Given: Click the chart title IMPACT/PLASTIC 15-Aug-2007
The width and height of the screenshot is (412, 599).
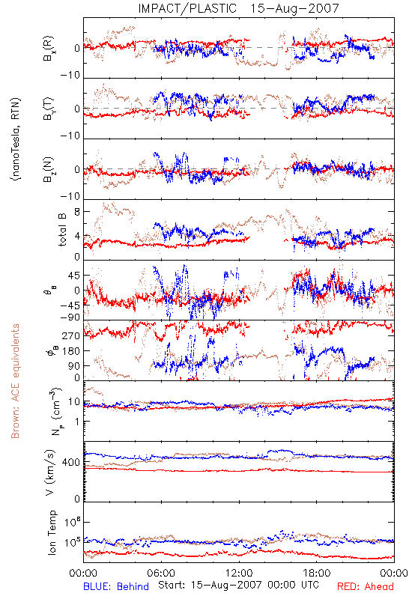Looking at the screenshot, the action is coord(238,8).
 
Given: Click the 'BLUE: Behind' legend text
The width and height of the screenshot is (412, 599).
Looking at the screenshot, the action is coord(116,586).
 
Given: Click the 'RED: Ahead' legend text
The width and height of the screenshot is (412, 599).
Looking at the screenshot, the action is coord(366,586).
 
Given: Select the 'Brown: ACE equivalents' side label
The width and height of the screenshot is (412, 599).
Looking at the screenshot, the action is coord(15,381).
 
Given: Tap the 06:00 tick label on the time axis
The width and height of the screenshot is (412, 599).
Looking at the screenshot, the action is coord(161,573).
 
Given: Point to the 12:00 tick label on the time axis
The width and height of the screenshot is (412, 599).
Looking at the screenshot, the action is coord(239,573).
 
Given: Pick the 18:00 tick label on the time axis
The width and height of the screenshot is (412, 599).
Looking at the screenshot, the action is coord(317,573).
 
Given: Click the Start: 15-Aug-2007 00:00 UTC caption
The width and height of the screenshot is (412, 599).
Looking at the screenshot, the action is coord(238,585).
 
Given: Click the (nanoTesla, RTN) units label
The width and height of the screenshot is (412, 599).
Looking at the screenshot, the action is coord(16,139).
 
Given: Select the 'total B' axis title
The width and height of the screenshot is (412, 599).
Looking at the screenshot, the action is coord(62,230).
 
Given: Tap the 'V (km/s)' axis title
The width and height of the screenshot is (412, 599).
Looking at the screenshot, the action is coord(50,472).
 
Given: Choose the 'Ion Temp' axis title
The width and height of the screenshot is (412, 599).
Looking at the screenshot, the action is coord(52,532).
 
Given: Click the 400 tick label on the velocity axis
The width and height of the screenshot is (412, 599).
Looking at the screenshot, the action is coord(71,462).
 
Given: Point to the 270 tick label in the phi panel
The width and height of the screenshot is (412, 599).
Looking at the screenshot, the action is coord(71,335).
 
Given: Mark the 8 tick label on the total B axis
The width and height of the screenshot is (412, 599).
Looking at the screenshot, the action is coord(78,212).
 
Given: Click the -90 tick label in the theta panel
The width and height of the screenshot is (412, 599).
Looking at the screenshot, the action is coord(70,317).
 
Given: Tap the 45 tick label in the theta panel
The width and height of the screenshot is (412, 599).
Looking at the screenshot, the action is coord(74,276).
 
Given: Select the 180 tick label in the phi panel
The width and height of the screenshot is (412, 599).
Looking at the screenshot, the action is coord(71,351).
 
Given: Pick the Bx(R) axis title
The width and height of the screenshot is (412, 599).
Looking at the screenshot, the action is coord(49,49).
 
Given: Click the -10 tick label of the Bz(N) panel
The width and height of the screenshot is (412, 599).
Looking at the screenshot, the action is coord(70,196).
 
